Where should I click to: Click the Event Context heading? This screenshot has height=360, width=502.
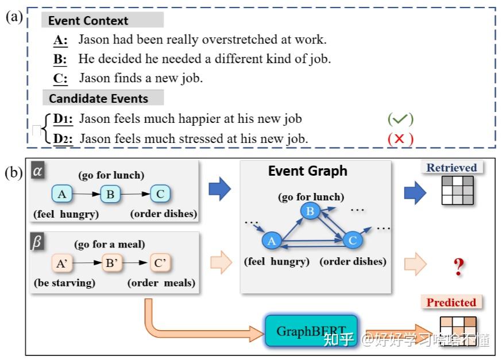pyautogui.click(x=88, y=21)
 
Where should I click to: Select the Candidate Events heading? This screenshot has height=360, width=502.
pyautogui.click(x=98, y=98)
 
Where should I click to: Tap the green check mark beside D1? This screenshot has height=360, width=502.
pyautogui.click(x=400, y=119)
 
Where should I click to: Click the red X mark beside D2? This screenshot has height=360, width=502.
pyautogui.click(x=400, y=138)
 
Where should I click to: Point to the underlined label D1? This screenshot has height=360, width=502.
pyautogui.click(x=63, y=119)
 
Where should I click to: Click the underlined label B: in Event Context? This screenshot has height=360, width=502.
pyautogui.click(x=60, y=59)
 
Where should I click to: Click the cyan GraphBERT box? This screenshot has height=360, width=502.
pyautogui.click(x=311, y=331)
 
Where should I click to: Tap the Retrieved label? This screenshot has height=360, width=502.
pyautogui.click(x=451, y=168)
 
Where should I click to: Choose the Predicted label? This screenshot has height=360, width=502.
pyautogui.click(x=451, y=302)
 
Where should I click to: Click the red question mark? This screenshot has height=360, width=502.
pyautogui.click(x=458, y=266)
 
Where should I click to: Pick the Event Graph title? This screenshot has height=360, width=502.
pyautogui.click(x=307, y=171)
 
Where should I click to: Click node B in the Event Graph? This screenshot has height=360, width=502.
pyautogui.click(x=310, y=212)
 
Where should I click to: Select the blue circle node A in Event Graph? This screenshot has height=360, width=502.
pyautogui.click(x=272, y=241)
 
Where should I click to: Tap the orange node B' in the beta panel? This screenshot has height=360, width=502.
pyautogui.click(x=110, y=264)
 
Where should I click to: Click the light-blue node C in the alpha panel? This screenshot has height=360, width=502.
pyautogui.click(x=160, y=194)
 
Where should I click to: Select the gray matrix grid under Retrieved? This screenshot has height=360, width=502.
pyautogui.click(x=457, y=191)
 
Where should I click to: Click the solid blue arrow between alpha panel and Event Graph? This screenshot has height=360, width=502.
pyautogui.click(x=219, y=189)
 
